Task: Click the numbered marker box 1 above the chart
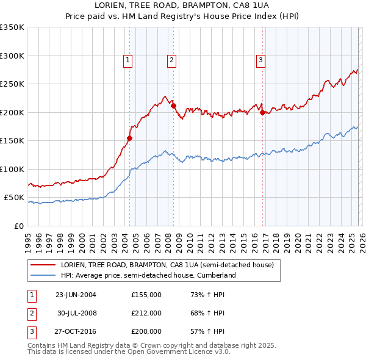[x=128, y=60]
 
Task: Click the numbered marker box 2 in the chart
[x=172, y=60]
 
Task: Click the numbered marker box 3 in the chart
[x=260, y=60]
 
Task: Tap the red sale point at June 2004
[x=130, y=138]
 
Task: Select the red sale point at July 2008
[x=174, y=106]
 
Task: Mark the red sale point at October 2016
[x=262, y=112]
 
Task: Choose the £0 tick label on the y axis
[x=18, y=226]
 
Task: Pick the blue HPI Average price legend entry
[x=148, y=275]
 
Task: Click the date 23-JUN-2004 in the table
[x=76, y=295]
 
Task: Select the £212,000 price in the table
[x=146, y=313]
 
